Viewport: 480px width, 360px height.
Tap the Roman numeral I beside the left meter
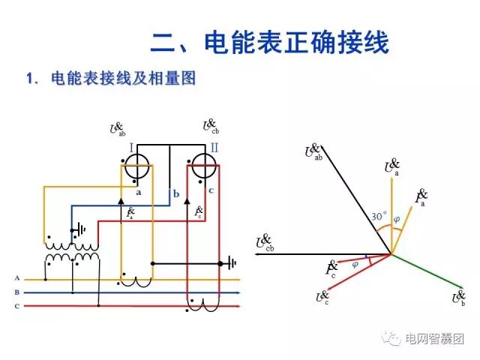pos(131,149)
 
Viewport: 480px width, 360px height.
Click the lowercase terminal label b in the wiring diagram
pos(175,194)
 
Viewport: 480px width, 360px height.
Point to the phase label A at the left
pos(16,278)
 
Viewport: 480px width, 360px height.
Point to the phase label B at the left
pos(16,292)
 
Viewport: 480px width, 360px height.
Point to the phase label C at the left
pos(16,306)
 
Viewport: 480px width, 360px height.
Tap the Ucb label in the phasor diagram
pos(265,242)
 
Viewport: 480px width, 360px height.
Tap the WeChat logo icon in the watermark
pos(392,339)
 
